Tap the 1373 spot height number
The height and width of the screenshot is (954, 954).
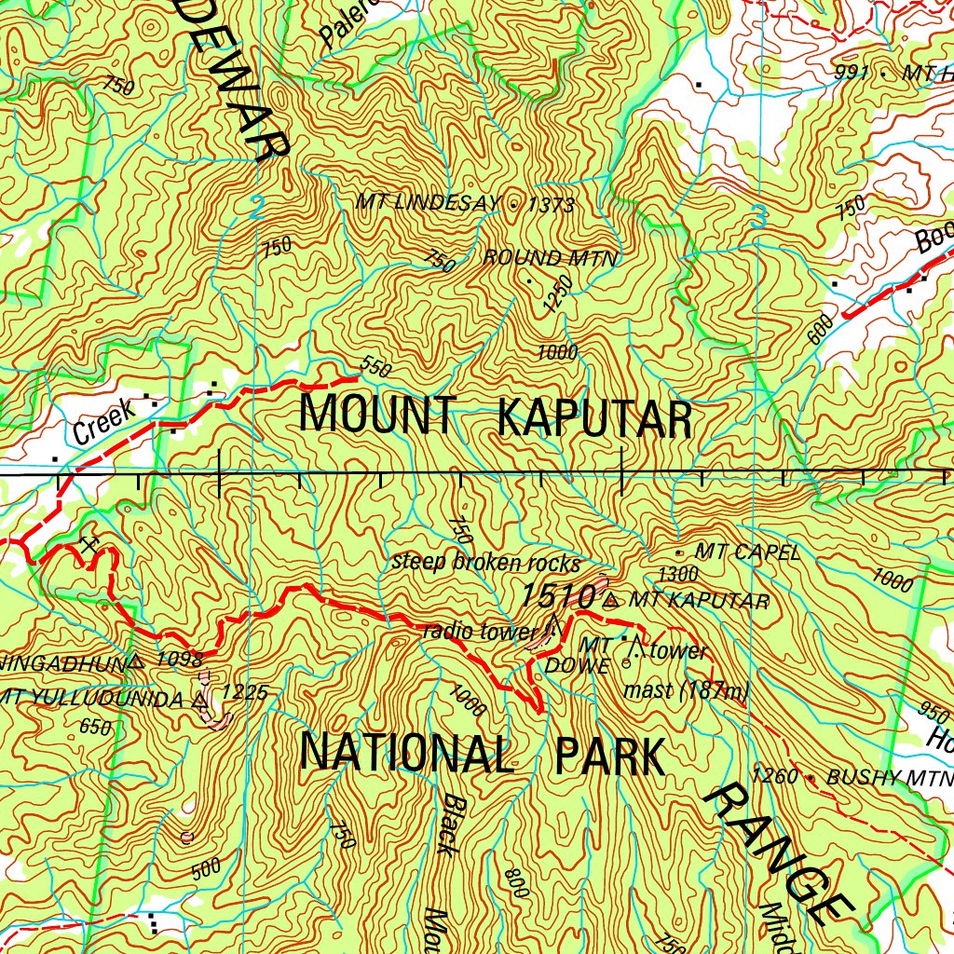coord(551,205)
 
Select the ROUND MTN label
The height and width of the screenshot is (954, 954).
coord(550,258)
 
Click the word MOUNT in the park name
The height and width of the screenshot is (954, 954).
coord(377,416)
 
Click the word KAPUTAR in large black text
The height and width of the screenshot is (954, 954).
coord(594,419)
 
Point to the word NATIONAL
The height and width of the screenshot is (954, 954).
coord(407,755)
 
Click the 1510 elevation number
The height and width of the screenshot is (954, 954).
coord(558,596)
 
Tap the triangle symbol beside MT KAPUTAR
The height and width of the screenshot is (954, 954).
coord(611,601)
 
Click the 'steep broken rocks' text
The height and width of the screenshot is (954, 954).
coord(485,564)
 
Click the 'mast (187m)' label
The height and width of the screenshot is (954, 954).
coord(686,691)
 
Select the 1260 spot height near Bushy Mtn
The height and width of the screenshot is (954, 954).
coord(775,776)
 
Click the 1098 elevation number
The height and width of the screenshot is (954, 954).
coord(180,661)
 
